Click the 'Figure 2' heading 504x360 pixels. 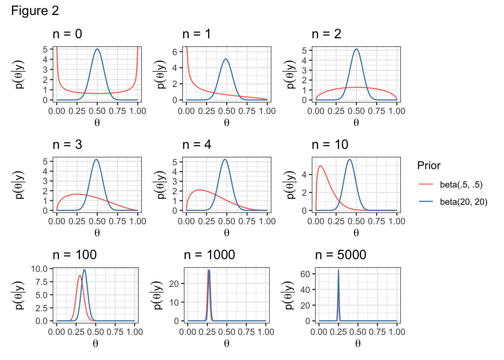click(x=35, y=10)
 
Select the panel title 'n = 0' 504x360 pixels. click(x=67, y=34)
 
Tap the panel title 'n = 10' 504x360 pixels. click(x=330, y=144)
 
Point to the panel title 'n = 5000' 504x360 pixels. click(x=340, y=255)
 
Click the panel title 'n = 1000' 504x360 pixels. click(x=209, y=255)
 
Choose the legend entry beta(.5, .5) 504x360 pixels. click(x=461, y=184)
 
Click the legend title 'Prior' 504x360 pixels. click(x=429, y=165)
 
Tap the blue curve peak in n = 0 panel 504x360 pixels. click(x=97, y=49)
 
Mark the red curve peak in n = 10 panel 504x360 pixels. click(x=320, y=166)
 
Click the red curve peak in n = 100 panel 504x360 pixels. click(x=79, y=275)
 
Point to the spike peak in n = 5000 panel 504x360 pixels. click(x=338, y=270)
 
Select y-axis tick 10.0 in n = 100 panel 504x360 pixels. click(x=39, y=269)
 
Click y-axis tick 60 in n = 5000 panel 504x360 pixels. click(x=305, y=274)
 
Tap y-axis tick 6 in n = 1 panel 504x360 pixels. click(x=174, y=52)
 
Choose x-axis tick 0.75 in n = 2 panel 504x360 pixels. click(x=376, y=111)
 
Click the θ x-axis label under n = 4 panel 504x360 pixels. click(x=226, y=233)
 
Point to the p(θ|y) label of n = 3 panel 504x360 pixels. click(x=19, y=184)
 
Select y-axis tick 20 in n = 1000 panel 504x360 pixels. click(x=174, y=283)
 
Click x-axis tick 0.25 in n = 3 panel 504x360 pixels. click(x=77, y=221)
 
